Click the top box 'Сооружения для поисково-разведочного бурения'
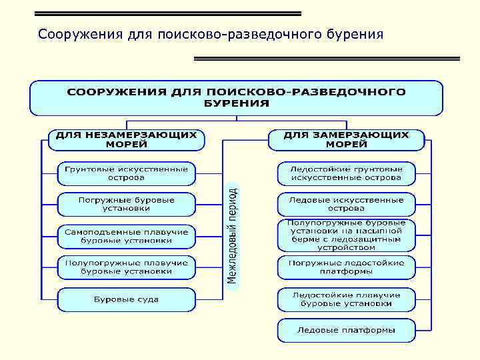(x=236, y=97)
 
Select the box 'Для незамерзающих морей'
(x=126, y=139)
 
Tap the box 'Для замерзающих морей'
(x=347, y=139)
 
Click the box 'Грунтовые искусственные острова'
(x=126, y=173)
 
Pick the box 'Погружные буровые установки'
(x=126, y=204)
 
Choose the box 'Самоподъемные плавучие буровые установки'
(x=126, y=235)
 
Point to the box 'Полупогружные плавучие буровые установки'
(x=126, y=267)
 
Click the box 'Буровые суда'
(x=126, y=299)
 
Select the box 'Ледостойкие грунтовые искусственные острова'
(x=346, y=173)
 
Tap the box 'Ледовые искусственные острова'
(x=346, y=204)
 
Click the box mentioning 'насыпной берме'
(x=346, y=235)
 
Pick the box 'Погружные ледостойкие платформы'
(x=346, y=267)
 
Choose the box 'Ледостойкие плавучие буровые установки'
(x=346, y=299)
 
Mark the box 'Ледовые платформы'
(x=346, y=330)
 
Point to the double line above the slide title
(x=167, y=13)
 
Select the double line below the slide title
(x=327, y=59)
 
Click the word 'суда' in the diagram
(x=147, y=299)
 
